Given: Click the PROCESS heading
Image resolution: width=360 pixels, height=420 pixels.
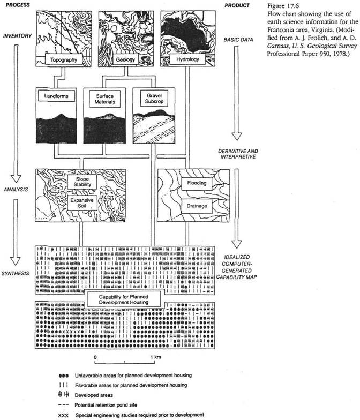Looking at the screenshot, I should (16, 5).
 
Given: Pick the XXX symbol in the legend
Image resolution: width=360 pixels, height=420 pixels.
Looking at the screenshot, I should (67, 415).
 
